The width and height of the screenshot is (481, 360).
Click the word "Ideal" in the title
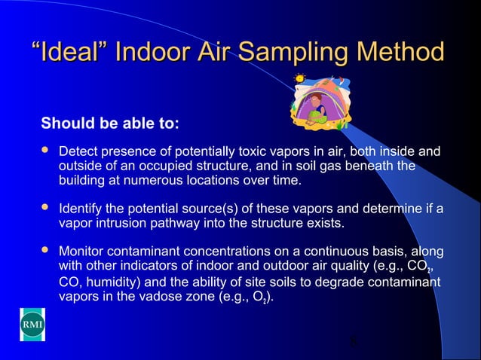[75, 53]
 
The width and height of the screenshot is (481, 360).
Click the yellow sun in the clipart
[300, 78]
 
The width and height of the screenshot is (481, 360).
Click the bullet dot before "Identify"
[44, 206]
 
